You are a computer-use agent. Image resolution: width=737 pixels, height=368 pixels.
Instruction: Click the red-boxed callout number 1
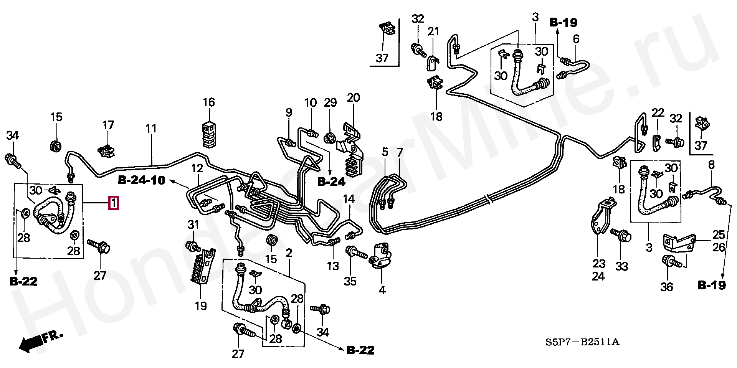click(114, 203)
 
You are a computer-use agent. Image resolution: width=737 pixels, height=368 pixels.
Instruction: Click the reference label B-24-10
click(142, 180)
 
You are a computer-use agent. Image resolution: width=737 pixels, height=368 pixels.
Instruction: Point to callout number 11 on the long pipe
click(151, 128)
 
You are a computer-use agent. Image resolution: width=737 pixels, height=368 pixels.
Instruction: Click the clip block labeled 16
click(209, 134)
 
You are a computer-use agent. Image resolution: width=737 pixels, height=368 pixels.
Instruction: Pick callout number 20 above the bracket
click(354, 98)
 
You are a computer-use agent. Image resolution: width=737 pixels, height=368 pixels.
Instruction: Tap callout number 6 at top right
click(576, 39)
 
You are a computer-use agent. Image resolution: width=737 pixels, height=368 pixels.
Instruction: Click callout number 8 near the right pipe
click(711, 165)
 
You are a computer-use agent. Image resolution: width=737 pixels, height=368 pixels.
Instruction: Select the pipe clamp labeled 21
click(433, 62)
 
